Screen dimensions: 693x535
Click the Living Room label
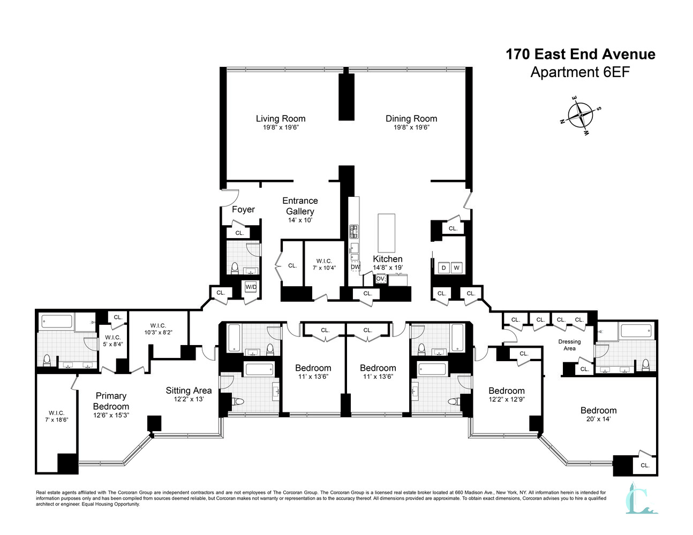click(281, 118)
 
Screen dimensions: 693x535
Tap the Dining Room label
click(411, 118)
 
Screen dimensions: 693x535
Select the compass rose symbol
click(581, 115)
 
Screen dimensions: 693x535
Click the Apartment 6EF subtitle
click(580, 72)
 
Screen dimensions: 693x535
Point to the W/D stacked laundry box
click(251, 287)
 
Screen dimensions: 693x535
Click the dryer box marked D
click(443, 267)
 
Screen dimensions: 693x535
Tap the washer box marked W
click(456, 267)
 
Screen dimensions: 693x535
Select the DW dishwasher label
click(355, 267)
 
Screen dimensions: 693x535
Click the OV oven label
click(380, 279)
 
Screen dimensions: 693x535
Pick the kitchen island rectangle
click(387, 233)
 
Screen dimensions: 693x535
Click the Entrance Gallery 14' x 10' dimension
click(300, 220)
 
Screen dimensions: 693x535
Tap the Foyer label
click(243, 209)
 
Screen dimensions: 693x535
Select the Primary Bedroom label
click(111, 401)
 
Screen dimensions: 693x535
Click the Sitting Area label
click(189, 391)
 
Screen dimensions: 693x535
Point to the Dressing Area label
click(570, 345)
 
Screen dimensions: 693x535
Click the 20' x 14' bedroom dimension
click(599, 419)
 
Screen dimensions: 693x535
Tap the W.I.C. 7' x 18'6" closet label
click(57, 416)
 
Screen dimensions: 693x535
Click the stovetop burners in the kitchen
click(353, 232)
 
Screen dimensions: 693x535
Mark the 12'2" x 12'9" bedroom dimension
click(507, 399)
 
